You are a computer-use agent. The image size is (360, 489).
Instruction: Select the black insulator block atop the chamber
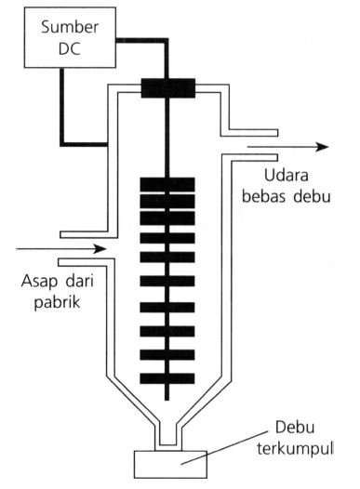coord(167,88)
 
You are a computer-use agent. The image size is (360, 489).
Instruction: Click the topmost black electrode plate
coord(167,183)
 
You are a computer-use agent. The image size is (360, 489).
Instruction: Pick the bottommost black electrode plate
coord(167,378)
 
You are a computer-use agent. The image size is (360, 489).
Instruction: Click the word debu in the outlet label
coord(312,199)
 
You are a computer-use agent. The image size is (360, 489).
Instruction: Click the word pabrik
coord(44,301)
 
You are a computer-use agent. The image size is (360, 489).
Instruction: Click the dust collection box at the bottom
coord(167,463)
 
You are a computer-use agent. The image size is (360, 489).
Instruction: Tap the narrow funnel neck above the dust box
coord(167,433)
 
